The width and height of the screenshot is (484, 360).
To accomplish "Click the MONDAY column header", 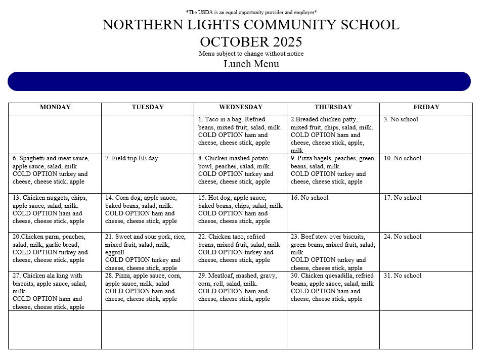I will coord(55,107).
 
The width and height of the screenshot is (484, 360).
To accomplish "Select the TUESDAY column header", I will coord(148,107).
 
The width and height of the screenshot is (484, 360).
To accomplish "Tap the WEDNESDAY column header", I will coord(241,107).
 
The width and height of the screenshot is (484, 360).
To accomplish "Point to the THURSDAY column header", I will coord(333,107).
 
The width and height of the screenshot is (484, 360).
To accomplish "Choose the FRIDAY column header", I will coord(426,107).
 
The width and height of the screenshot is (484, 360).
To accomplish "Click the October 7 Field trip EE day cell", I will coord(148,173).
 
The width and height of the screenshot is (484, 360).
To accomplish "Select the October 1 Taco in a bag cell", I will coord(240,134).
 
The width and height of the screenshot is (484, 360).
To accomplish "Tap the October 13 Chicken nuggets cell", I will coord(55,212).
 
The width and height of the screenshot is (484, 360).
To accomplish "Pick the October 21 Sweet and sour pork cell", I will coord(148,252).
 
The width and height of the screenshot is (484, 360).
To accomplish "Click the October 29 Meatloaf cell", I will coord(240,291).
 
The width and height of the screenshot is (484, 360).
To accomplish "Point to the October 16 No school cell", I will coord(333,212).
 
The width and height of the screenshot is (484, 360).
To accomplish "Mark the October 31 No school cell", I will coord(426,291).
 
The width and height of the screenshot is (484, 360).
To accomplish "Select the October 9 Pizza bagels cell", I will coord(333,173).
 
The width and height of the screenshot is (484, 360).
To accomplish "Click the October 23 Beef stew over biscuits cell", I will coord(333,252).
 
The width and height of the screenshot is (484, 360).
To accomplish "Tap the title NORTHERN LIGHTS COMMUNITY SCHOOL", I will coord(251,25).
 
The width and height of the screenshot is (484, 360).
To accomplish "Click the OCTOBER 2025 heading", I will coord(251,41).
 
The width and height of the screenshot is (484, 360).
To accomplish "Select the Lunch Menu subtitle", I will coord(251,64).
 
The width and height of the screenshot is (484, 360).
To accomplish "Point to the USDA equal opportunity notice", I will coord(251,12).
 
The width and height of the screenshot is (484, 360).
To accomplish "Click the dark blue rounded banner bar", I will coord(239,81).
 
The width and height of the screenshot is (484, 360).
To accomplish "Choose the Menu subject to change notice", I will coord(251,54).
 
